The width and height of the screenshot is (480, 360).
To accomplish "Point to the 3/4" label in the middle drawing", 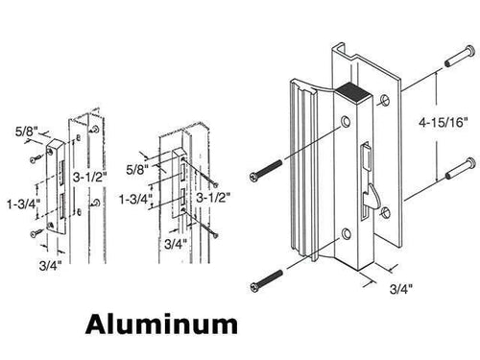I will [175, 244].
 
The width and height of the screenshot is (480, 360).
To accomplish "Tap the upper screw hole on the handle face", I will [344, 123].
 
